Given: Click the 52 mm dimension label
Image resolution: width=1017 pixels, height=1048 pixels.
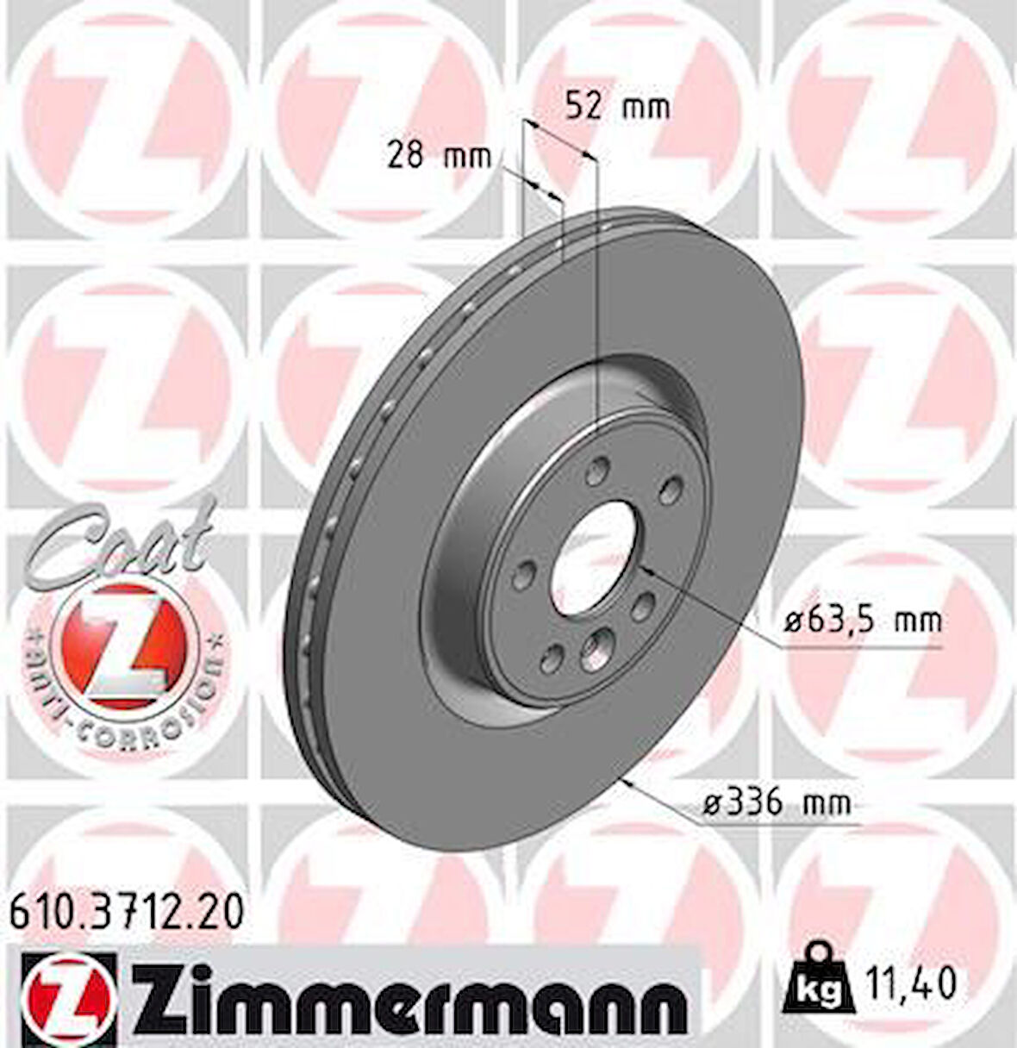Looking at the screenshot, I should [x=616, y=107].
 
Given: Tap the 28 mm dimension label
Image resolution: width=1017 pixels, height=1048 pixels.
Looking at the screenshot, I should [x=438, y=156].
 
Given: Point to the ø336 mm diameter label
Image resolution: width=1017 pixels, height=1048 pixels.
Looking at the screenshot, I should [x=777, y=803].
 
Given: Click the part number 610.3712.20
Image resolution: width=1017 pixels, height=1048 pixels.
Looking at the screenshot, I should [x=127, y=909].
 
